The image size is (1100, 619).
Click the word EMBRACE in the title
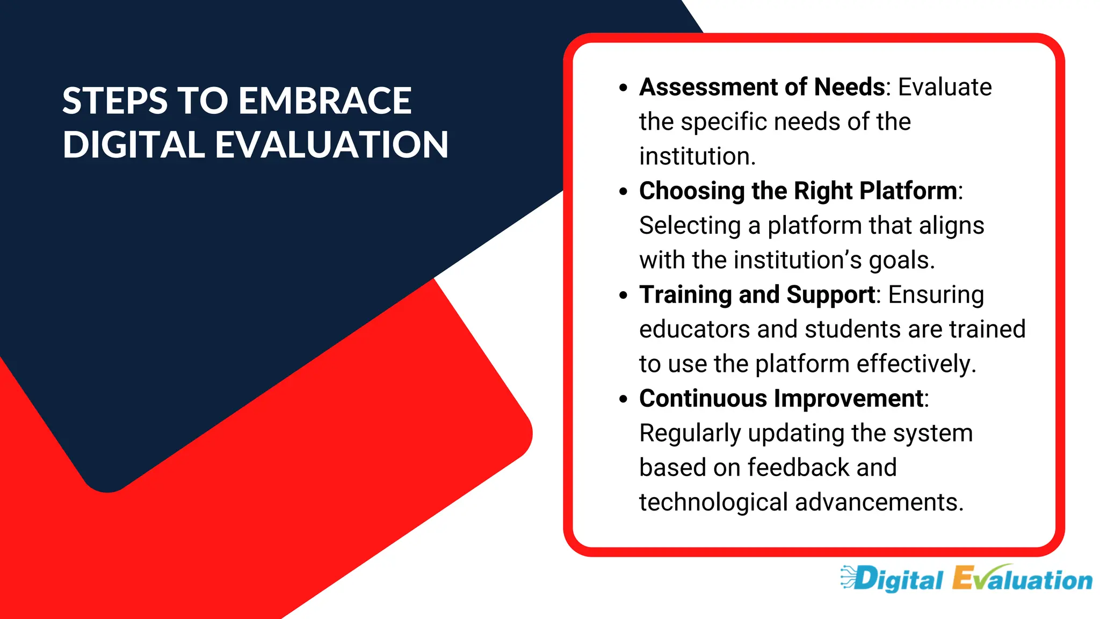325,101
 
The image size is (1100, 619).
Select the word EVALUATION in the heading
332,145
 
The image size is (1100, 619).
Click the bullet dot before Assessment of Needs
623,88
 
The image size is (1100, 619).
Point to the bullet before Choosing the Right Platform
623,191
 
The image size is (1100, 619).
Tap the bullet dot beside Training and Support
623,295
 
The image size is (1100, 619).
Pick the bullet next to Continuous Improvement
623,399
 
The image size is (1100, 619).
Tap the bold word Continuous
703,399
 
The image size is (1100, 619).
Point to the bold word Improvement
849,399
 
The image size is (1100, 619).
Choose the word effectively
915,364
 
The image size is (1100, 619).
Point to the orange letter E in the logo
964,579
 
